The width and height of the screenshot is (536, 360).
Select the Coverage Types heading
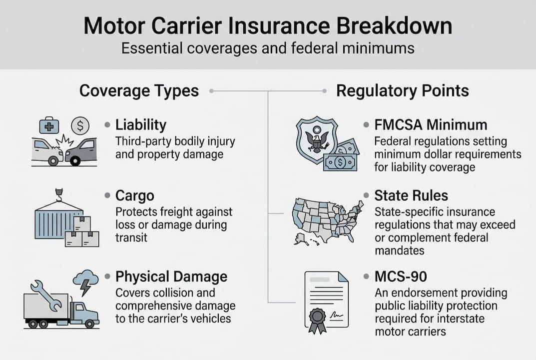click(139, 91)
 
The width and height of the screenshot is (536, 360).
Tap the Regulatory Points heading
click(402, 91)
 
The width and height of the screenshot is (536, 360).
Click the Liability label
click(140, 125)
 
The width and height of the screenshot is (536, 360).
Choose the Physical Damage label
click(171, 276)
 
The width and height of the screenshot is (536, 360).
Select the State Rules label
click(411, 194)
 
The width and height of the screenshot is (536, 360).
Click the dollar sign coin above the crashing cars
click(80, 125)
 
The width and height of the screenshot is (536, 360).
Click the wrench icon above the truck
click(46, 294)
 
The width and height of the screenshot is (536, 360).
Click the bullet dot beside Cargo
click(107, 194)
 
